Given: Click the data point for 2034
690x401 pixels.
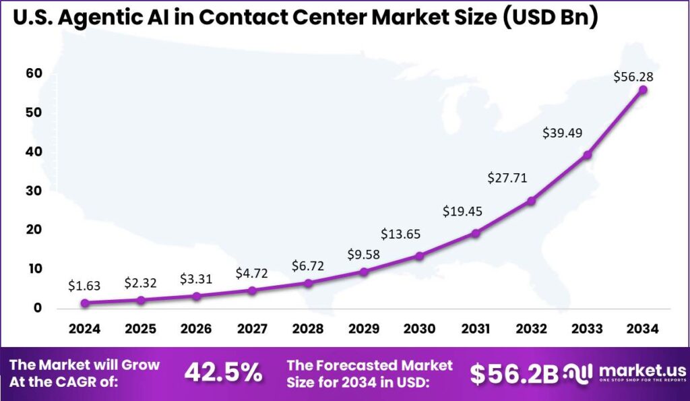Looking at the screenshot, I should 643,90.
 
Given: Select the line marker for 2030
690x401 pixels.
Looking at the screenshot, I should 419,256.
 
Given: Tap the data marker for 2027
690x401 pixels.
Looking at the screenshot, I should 252,290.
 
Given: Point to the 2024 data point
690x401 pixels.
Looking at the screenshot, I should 85,303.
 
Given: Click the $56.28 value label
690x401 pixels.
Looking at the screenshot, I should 633,77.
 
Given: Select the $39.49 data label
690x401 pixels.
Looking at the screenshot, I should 562,133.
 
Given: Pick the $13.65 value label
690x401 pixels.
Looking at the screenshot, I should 401,234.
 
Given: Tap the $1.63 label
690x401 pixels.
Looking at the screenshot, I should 84,286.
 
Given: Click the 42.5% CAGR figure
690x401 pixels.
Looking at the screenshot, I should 223,373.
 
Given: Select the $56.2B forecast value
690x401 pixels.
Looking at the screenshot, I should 513,375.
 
